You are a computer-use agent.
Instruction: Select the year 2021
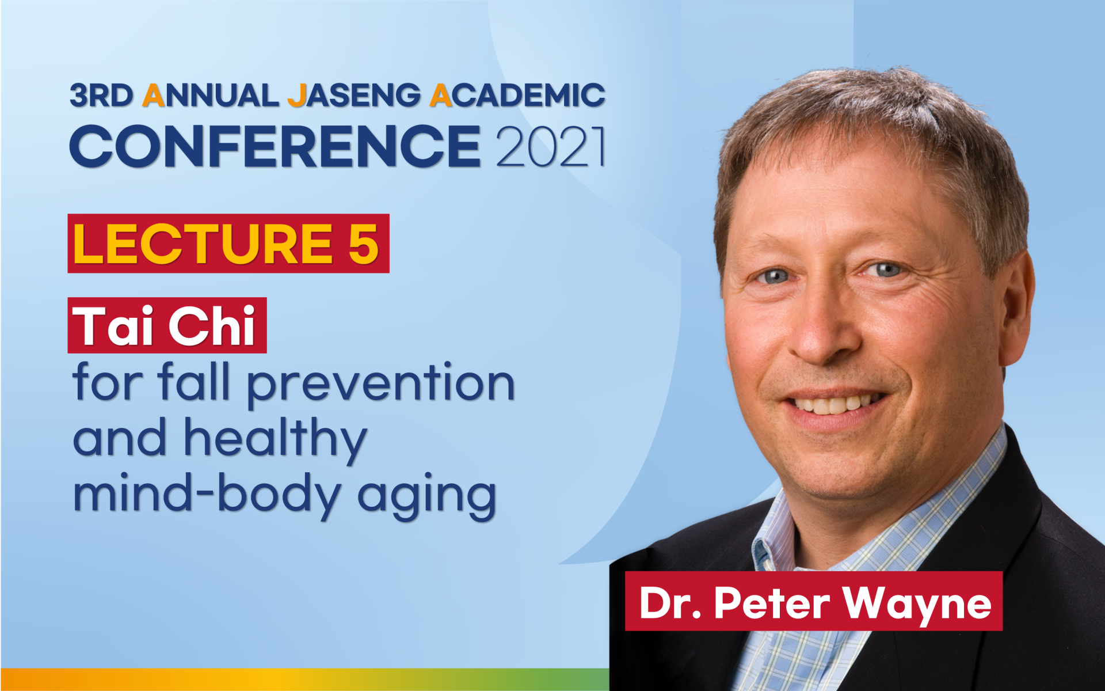point(551,147)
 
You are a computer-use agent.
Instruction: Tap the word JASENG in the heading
point(354,96)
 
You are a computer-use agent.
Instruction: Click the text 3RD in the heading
point(101,96)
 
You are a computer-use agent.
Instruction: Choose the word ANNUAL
point(211,96)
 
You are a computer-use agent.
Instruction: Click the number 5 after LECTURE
point(363,244)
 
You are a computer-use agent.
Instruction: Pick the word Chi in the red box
point(211,326)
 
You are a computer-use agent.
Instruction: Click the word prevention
point(381,385)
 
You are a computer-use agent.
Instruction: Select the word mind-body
point(207,494)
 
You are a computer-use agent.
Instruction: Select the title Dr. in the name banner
point(670,603)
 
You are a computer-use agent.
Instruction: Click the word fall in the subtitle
point(193,381)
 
